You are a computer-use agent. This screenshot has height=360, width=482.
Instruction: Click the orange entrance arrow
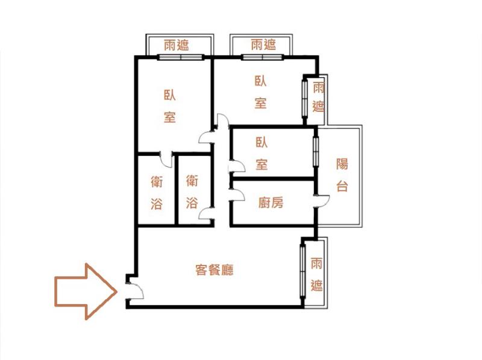(86, 291)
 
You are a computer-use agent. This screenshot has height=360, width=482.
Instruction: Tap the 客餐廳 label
(214, 270)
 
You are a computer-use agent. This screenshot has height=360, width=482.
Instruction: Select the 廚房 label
(271, 202)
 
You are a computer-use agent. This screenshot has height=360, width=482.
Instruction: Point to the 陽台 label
(342, 175)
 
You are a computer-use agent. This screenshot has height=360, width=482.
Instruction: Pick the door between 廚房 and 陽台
(322, 202)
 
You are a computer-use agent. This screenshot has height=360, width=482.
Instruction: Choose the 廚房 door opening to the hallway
(237, 195)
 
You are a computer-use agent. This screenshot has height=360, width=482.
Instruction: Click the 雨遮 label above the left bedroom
(176, 45)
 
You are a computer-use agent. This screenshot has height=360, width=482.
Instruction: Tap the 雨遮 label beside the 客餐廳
(316, 275)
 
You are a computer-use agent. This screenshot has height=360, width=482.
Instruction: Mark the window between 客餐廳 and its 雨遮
(303, 272)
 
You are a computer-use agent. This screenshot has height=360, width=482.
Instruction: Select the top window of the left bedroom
(181, 57)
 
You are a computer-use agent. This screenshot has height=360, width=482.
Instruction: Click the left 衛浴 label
(157, 193)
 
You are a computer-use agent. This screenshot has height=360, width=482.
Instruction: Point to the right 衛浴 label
(192, 191)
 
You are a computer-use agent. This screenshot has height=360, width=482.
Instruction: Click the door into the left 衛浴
(166, 160)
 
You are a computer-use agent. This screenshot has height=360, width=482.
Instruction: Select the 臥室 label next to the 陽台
(261, 154)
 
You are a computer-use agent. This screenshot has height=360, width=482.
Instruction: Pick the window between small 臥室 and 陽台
(315, 152)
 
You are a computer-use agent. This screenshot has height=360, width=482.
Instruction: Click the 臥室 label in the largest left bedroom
(170, 106)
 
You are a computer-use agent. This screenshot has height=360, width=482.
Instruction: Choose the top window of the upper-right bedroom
(262, 57)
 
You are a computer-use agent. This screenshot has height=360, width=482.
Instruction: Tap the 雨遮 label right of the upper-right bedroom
(318, 98)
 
